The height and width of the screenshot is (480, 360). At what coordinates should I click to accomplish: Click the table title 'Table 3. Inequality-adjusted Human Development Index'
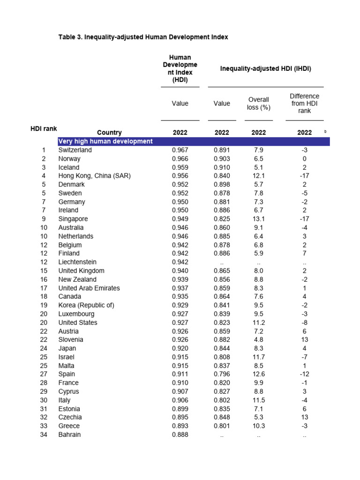point(143,37)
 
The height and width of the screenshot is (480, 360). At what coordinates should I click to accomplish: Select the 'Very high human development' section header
point(105,141)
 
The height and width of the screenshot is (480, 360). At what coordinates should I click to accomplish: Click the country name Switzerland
point(75,150)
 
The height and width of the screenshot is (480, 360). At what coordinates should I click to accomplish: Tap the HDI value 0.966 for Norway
point(180,159)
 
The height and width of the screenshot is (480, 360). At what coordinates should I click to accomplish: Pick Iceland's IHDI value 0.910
point(222,167)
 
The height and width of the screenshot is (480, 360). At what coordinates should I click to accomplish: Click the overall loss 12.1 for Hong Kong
point(258,176)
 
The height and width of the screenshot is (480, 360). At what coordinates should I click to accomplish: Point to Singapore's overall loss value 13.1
point(258,219)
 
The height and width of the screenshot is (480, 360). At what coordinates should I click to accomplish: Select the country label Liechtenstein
point(77,262)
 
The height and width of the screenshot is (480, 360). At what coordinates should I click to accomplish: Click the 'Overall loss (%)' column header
point(258,103)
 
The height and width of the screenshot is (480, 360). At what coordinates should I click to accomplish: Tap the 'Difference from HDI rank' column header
point(304,103)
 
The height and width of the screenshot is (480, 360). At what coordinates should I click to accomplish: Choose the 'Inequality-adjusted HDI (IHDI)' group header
point(266,69)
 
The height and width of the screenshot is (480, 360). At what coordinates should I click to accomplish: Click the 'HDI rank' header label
point(44,128)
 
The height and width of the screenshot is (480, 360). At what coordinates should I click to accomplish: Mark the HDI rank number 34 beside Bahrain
point(44,435)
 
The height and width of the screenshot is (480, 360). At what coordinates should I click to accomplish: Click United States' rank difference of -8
point(304,322)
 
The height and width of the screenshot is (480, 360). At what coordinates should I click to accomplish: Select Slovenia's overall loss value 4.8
point(258,339)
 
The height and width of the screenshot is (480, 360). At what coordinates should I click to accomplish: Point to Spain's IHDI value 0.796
point(222,374)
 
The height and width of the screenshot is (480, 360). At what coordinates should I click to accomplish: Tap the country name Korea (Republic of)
point(86,305)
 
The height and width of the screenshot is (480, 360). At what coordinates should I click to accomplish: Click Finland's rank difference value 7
point(304,254)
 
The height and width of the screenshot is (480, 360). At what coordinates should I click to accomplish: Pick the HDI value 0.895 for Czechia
point(180,417)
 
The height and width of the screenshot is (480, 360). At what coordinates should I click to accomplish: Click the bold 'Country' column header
point(109,133)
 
